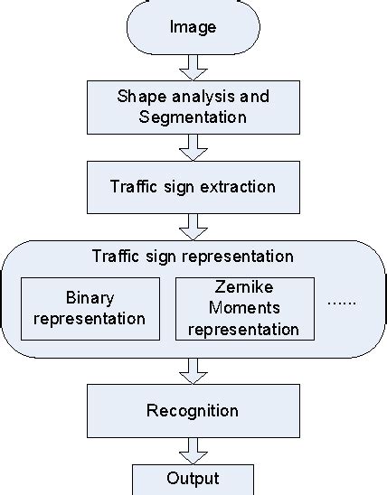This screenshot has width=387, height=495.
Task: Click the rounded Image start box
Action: pyautogui.click(x=193, y=27)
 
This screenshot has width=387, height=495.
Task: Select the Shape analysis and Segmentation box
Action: pyautogui.click(x=193, y=107)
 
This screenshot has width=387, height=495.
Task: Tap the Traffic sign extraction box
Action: pyautogui.click(x=193, y=187)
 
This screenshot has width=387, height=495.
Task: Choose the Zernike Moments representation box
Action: pyautogui.click(x=244, y=308)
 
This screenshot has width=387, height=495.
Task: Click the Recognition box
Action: pyautogui.click(x=193, y=411)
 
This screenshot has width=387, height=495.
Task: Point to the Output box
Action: pyautogui.click(x=193, y=480)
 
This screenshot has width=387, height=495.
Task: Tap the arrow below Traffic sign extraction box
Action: pyautogui.click(x=193, y=226)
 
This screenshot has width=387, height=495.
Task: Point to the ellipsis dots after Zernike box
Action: pyautogui.click(x=342, y=303)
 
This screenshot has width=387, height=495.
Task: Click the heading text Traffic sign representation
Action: pyautogui.click(x=193, y=256)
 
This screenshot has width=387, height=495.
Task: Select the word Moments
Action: pyautogui.click(x=244, y=310)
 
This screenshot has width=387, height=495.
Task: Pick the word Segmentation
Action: pyautogui.click(x=193, y=117)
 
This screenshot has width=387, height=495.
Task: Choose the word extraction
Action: pyautogui.click(x=238, y=187)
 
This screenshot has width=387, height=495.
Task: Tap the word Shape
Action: pyautogui.click(x=138, y=96)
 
